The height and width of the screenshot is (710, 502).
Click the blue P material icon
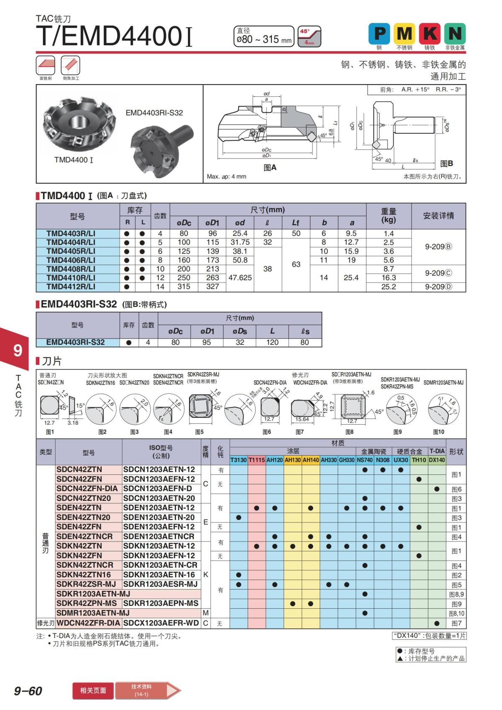[379, 33]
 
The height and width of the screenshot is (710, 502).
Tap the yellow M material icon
[404, 33]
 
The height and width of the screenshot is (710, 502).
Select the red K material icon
[430, 33]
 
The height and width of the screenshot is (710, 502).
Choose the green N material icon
[455, 33]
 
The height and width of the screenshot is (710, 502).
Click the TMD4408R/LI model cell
[71, 269]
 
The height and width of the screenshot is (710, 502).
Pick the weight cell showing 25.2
[388, 287]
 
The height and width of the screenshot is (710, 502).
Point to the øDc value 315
[184, 287]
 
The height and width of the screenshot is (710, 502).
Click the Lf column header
[296, 223]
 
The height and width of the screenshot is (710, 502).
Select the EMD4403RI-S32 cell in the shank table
[75, 342]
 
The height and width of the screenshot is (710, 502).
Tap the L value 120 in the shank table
[272, 342]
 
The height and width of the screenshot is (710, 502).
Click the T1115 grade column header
[256, 460]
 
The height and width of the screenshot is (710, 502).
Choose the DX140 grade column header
[437, 460]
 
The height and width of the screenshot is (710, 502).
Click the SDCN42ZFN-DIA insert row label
[87, 489]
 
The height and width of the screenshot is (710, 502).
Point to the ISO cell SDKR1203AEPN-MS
[161, 603]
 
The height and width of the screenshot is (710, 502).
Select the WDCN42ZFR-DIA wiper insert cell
[89, 623]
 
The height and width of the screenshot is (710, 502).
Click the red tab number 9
[18, 350]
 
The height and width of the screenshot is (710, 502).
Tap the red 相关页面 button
[93, 690]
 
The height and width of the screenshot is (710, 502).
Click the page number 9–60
[28, 691]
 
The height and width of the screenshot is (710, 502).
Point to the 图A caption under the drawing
[270, 167]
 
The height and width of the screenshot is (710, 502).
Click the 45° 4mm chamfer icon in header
[310, 36]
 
